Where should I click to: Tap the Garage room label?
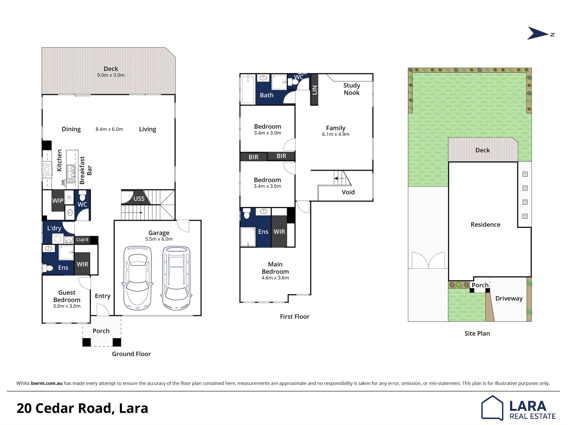pyautogui.click(x=159, y=233)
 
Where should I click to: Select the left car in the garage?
pyautogui.click(x=137, y=278)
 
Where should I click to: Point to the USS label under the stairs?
pyautogui.click(x=139, y=199)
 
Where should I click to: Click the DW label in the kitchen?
pyautogui.click(x=63, y=182)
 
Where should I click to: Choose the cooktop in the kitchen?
pyautogui.click(x=47, y=169)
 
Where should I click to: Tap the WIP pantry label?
pyautogui.click(x=58, y=200)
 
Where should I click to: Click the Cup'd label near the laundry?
pyautogui.click(x=82, y=239)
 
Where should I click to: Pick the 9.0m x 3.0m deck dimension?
pyautogui.click(x=111, y=75)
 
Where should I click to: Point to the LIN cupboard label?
pyautogui.click(x=315, y=90)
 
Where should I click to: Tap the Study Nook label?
pyautogui.click(x=352, y=89)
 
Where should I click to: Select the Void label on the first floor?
pyautogui.click(x=348, y=192)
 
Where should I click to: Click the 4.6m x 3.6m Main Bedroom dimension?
pyautogui.click(x=275, y=278)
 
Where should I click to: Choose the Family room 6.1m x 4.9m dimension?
pyautogui.click(x=336, y=134)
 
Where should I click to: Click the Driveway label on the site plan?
pyautogui.click(x=509, y=298)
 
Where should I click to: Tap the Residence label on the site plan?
pyautogui.click(x=485, y=225)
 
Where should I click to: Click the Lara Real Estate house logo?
pyautogui.click(x=492, y=408)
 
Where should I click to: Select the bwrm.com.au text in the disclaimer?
pyautogui.click(x=47, y=383)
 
